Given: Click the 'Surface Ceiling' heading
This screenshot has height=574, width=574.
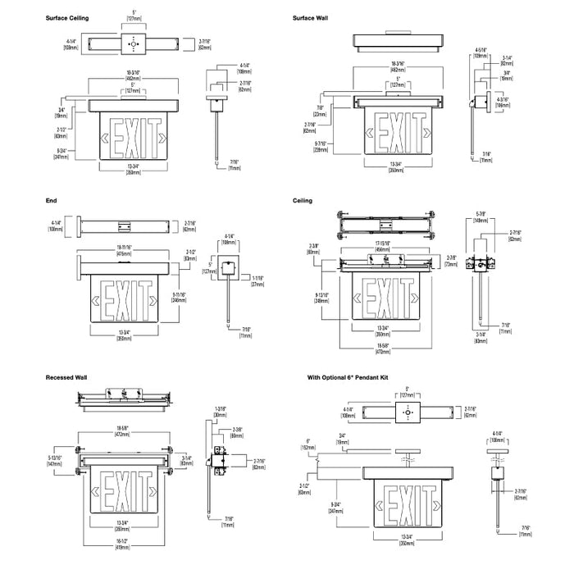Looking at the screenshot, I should [68, 17].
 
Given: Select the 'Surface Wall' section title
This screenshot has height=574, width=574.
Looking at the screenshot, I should [312, 17].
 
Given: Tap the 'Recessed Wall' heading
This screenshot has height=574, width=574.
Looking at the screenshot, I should [67, 377].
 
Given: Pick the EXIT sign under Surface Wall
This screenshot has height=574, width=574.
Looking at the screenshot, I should [399, 126].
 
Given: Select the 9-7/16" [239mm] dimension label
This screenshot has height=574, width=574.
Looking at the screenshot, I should [320, 145].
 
